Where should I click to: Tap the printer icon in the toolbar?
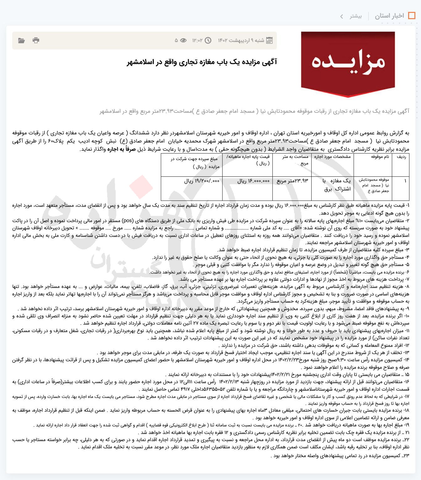(x=36, y=40)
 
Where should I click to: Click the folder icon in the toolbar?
(x=21, y=40)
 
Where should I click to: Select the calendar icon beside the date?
(x=269, y=40)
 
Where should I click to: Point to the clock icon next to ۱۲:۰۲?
(x=208, y=40)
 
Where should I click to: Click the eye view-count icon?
(x=183, y=40)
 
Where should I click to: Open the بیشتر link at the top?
(x=356, y=16)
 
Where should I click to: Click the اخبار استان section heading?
(x=389, y=16)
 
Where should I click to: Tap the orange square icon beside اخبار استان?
(x=412, y=16)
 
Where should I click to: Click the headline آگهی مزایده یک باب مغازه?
(x=202, y=62)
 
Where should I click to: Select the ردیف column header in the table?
(x=401, y=157)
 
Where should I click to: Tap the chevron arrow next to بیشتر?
(x=342, y=16)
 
